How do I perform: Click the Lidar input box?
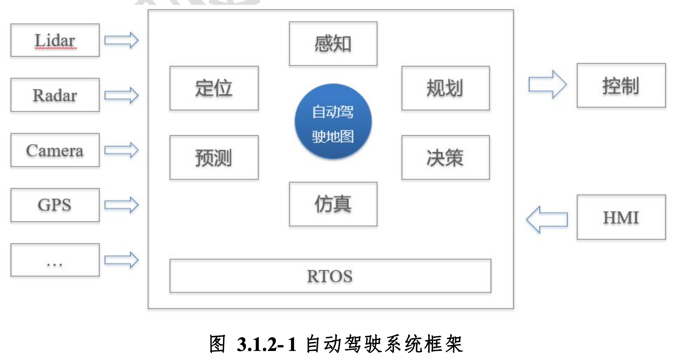(x=55, y=40)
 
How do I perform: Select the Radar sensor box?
(x=55, y=95)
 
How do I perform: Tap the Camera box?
(x=55, y=150)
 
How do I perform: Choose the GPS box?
(x=55, y=205)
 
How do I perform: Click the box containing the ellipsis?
(x=55, y=260)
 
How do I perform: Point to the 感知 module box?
(x=333, y=44)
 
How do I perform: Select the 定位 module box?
(x=214, y=88)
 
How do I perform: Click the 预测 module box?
(x=214, y=157)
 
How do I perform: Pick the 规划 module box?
(x=445, y=88)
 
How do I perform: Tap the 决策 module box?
(x=445, y=157)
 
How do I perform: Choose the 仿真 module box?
(x=333, y=204)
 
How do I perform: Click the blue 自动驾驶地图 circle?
(x=333, y=122)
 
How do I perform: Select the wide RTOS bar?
(x=330, y=276)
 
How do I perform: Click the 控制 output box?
(x=621, y=85)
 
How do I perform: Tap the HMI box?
(x=621, y=217)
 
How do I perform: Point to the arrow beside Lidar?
(x=121, y=40)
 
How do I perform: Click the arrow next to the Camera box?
(x=121, y=150)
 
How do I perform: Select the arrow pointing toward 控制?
(x=547, y=84)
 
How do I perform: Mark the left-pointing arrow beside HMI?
(x=547, y=219)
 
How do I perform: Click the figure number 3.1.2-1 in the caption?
(x=267, y=344)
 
